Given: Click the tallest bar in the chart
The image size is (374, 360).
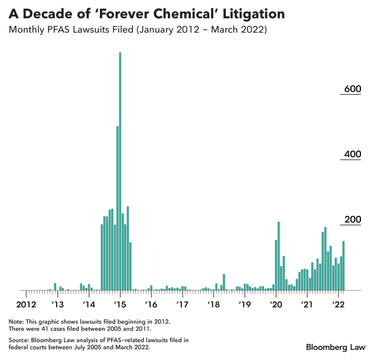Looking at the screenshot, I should click(x=120, y=171).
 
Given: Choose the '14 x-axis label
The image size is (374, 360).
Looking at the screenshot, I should click(x=89, y=304).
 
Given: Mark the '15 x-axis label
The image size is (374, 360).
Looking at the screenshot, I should click(x=120, y=304).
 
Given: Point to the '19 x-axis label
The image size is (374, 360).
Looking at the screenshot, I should click(x=245, y=304).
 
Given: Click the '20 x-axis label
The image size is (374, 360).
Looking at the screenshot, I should click(x=276, y=304).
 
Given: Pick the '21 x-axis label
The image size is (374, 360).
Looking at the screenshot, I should click(x=307, y=304).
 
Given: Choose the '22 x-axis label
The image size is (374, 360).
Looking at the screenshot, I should click(x=338, y=304).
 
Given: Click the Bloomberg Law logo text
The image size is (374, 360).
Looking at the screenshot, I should click(x=335, y=346).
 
